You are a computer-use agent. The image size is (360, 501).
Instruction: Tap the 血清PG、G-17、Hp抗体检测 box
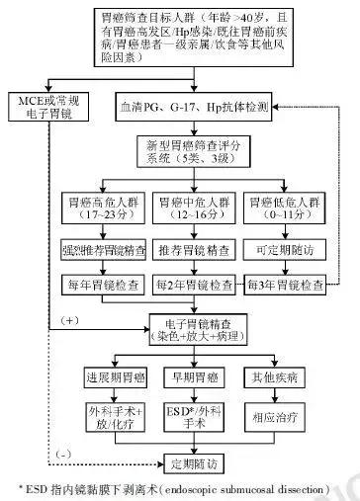[193, 104]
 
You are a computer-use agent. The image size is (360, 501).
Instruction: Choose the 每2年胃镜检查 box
[193, 285]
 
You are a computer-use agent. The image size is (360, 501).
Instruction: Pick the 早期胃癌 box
[193, 379]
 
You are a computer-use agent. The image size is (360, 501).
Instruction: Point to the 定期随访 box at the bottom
[193, 461]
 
